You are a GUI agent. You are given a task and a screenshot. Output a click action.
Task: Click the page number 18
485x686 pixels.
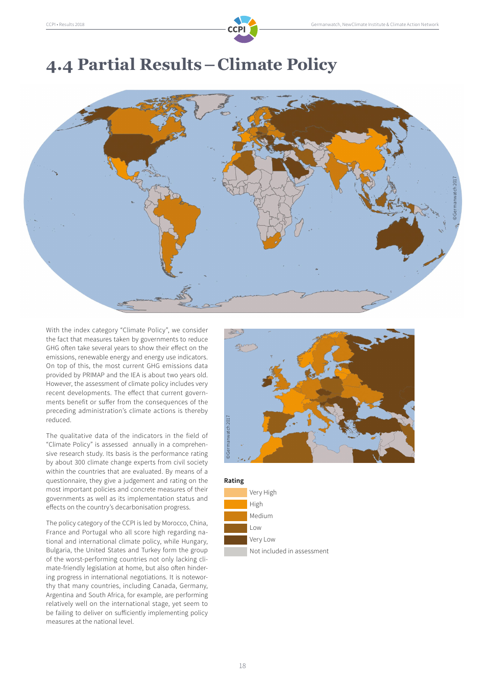(243, 666)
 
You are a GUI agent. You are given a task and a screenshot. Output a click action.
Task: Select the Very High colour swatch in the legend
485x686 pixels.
(235, 493)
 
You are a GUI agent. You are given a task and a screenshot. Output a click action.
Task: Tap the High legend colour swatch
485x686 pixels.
(235, 504)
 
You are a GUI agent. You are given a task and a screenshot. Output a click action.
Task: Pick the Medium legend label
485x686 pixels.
(261, 516)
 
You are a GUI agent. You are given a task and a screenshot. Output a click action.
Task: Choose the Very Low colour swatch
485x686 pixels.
(235, 540)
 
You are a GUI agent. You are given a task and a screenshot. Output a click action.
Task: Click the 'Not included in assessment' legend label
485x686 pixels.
(289, 551)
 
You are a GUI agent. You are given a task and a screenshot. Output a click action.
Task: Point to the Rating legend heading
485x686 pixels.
(234, 481)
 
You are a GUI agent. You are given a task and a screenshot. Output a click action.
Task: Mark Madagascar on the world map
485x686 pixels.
(299, 227)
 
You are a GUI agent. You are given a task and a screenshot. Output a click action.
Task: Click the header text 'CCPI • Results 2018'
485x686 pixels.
(65, 24)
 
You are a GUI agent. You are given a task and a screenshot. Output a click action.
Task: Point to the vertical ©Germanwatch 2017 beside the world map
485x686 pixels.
(454, 198)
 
